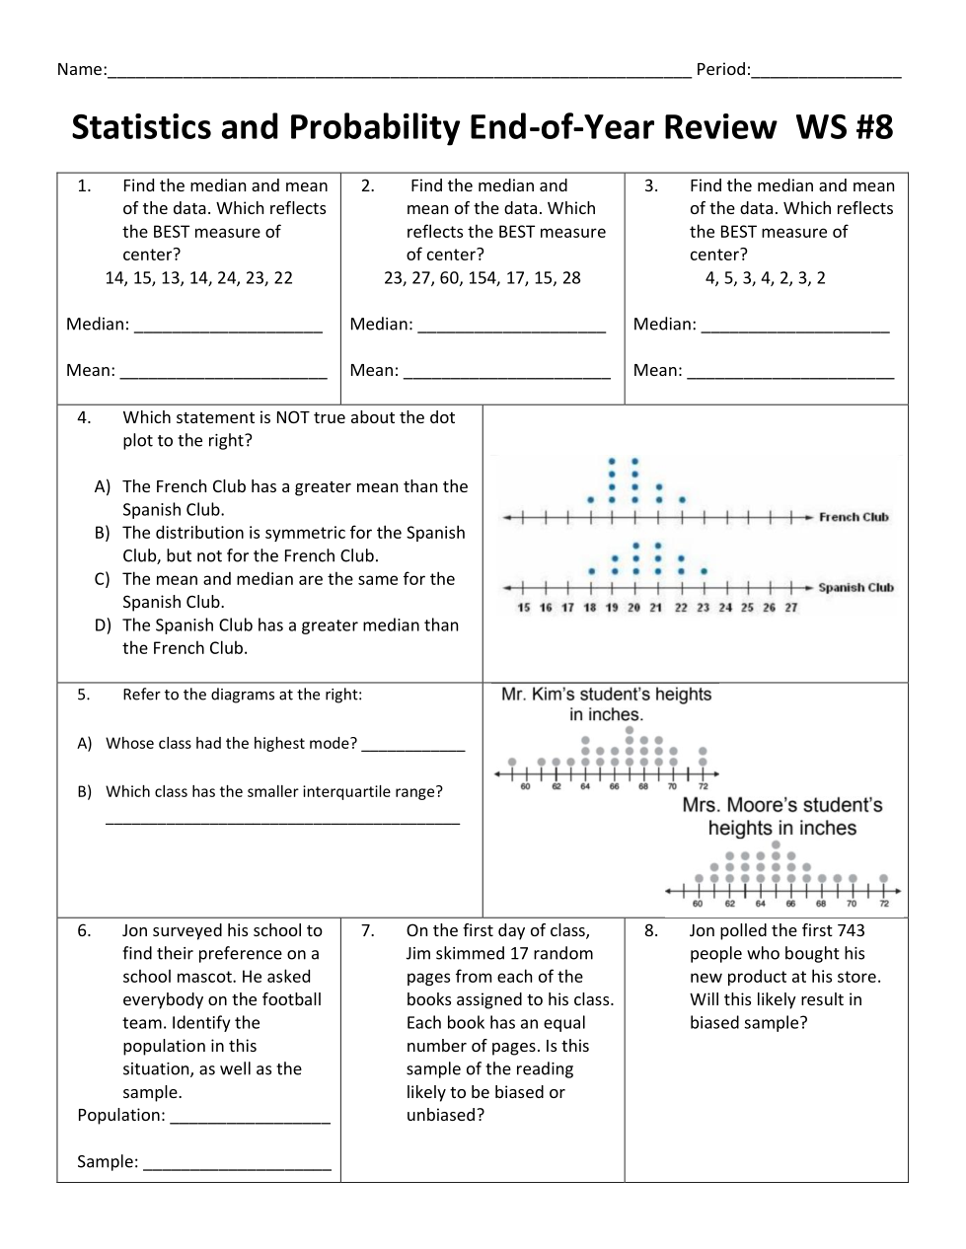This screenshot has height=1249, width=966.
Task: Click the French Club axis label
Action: tap(854, 517)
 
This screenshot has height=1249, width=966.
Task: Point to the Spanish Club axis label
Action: tap(855, 588)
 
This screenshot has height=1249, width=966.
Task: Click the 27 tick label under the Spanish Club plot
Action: tap(791, 608)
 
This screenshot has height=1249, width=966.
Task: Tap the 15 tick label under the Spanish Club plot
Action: tap(524, 608)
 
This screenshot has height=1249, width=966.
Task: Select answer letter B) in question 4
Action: tap(103, 533)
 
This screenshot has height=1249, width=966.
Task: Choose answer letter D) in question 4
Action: tap(103, 625)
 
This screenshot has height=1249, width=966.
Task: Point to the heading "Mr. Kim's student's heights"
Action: tap(606, 695)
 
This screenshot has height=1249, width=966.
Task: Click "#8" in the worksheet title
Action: tap(868, 128)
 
